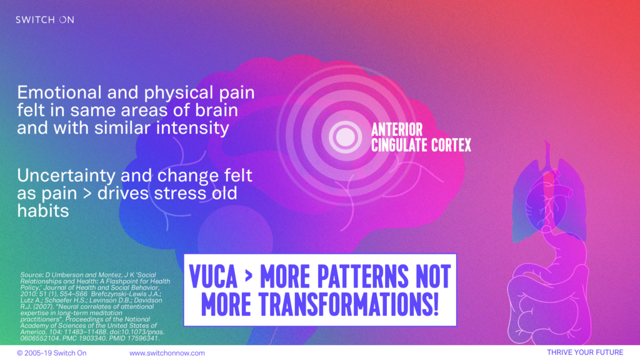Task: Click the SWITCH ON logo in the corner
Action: point(45,19)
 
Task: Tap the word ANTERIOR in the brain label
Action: point(397,130)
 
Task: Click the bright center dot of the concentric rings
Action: point(344,136)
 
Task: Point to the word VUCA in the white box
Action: point(213,276)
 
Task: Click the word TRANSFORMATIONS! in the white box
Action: point(349,304)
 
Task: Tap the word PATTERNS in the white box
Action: point(362,276)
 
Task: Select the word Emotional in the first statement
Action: point(59,92)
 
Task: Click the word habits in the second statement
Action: point(43,211)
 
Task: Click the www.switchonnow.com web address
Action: point(167,353)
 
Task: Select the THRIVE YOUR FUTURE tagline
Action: point(585,352)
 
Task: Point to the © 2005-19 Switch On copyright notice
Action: point(51,353)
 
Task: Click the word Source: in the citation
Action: point(31,275)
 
